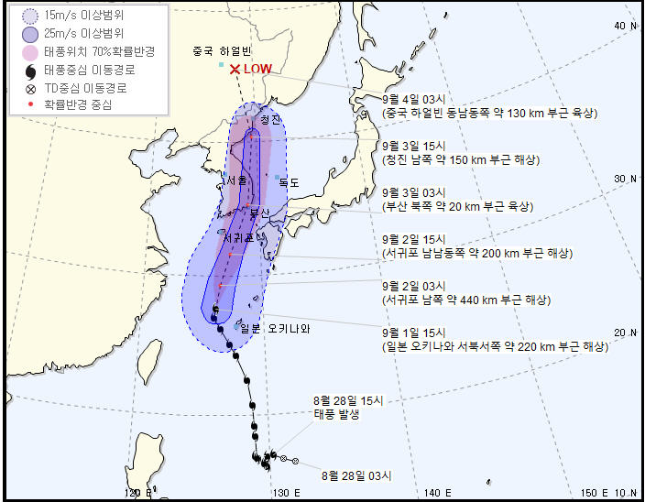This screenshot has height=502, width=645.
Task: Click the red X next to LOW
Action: (235, 69)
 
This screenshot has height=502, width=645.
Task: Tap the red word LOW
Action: (257, 69)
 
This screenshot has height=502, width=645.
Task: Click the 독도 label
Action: (290, 181)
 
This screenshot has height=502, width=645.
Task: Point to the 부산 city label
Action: (260, 213)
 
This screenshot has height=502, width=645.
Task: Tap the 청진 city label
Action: (269, 119)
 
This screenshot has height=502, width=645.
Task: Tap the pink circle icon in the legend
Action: (30, 51)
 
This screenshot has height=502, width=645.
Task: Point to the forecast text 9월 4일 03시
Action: (413, 99)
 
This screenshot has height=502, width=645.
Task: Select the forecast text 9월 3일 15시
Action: (413, 146)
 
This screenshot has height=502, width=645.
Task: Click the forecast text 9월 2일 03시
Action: (413, 285)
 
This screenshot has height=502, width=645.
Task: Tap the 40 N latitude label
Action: (626, 26)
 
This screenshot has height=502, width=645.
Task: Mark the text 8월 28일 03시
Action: (356, 475)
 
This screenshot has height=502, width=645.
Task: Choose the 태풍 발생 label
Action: (338, 414)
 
